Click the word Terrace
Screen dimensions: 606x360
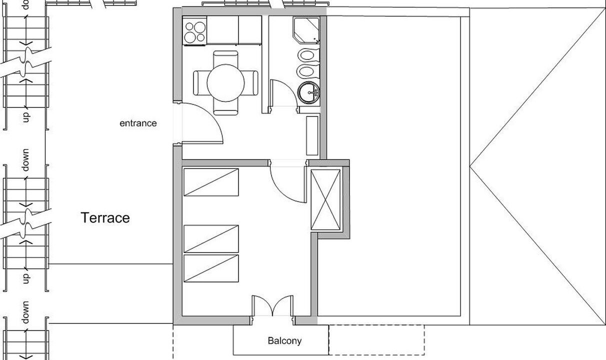pyautogui.click(x=105, y=217)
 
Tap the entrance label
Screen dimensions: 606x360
pyautogui.click(x=138, y=123)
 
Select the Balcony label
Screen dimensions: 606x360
pyautogui.click(x=284, y=341)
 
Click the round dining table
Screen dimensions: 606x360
pyautogui.click(x=225, y=83)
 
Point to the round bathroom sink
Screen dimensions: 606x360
pyautogui.click(x=308, y=92)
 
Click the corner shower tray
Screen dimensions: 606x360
pyautogui.click(x=306, y=30)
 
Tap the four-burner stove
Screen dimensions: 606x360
pyautogui.click(x=194, y=30)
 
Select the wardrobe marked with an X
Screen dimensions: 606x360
pyautogui.click(x=325, y=200)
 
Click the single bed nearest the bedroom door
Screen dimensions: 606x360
pyautogui.click(x=211, y=182)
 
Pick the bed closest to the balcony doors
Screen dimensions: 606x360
pyautogui.click(x=211, y=268)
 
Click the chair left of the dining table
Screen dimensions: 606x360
pyautogui.click(x=200, y=83)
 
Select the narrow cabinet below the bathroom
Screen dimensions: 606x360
pyautogui.click(x=312, y=136)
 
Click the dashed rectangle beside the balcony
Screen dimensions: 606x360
pyautogui.click(x=376, y=340)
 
